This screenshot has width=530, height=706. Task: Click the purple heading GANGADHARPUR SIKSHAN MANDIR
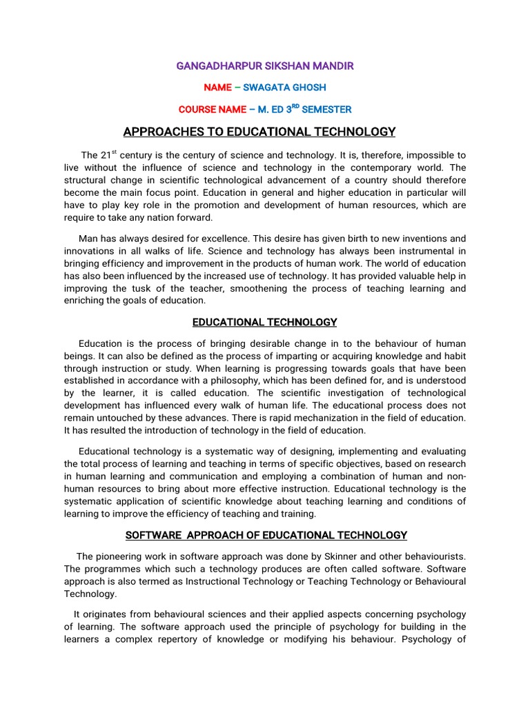(266, 66)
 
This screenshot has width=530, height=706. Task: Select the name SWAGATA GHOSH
(284, 88)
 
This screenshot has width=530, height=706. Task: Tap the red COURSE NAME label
(212, 110)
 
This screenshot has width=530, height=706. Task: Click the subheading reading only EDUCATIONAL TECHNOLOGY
(265, 322)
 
